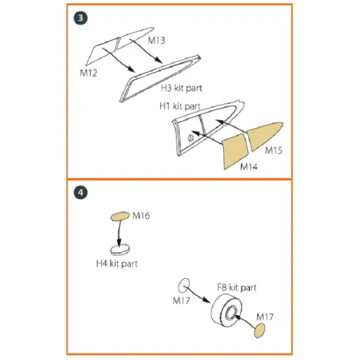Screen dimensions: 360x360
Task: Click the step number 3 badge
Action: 80,18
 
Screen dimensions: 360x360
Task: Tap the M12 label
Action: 89,72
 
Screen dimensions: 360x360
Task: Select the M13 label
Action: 156,41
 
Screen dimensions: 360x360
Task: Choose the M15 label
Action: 274,151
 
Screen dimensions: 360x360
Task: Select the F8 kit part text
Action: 236,287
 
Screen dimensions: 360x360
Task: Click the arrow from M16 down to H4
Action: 119,233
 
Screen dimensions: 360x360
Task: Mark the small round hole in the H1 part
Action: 192,137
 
